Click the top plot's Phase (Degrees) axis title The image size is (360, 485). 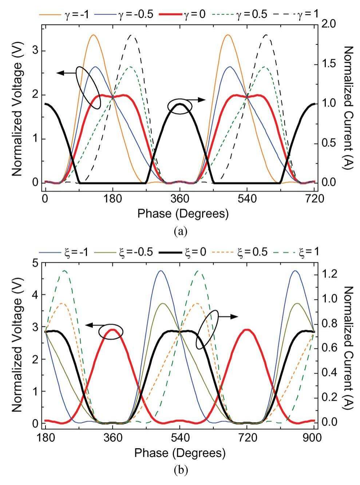183,214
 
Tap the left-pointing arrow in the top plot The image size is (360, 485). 66,73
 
